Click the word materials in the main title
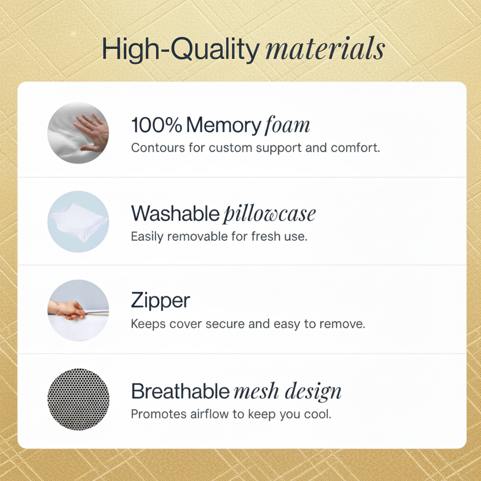click(325, 49)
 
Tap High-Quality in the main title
click(180, 49)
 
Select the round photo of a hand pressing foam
click(78, 133)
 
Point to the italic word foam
click(287, 125)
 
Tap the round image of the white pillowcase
click(78, 222)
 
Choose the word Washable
click(175, 214)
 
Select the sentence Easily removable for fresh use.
click(219, 236)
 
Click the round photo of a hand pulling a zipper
click(78, 310)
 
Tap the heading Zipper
click(161, 301)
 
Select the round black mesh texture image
click(78, 399)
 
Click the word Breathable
click(181, 391)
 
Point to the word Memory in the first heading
click(224, 125)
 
